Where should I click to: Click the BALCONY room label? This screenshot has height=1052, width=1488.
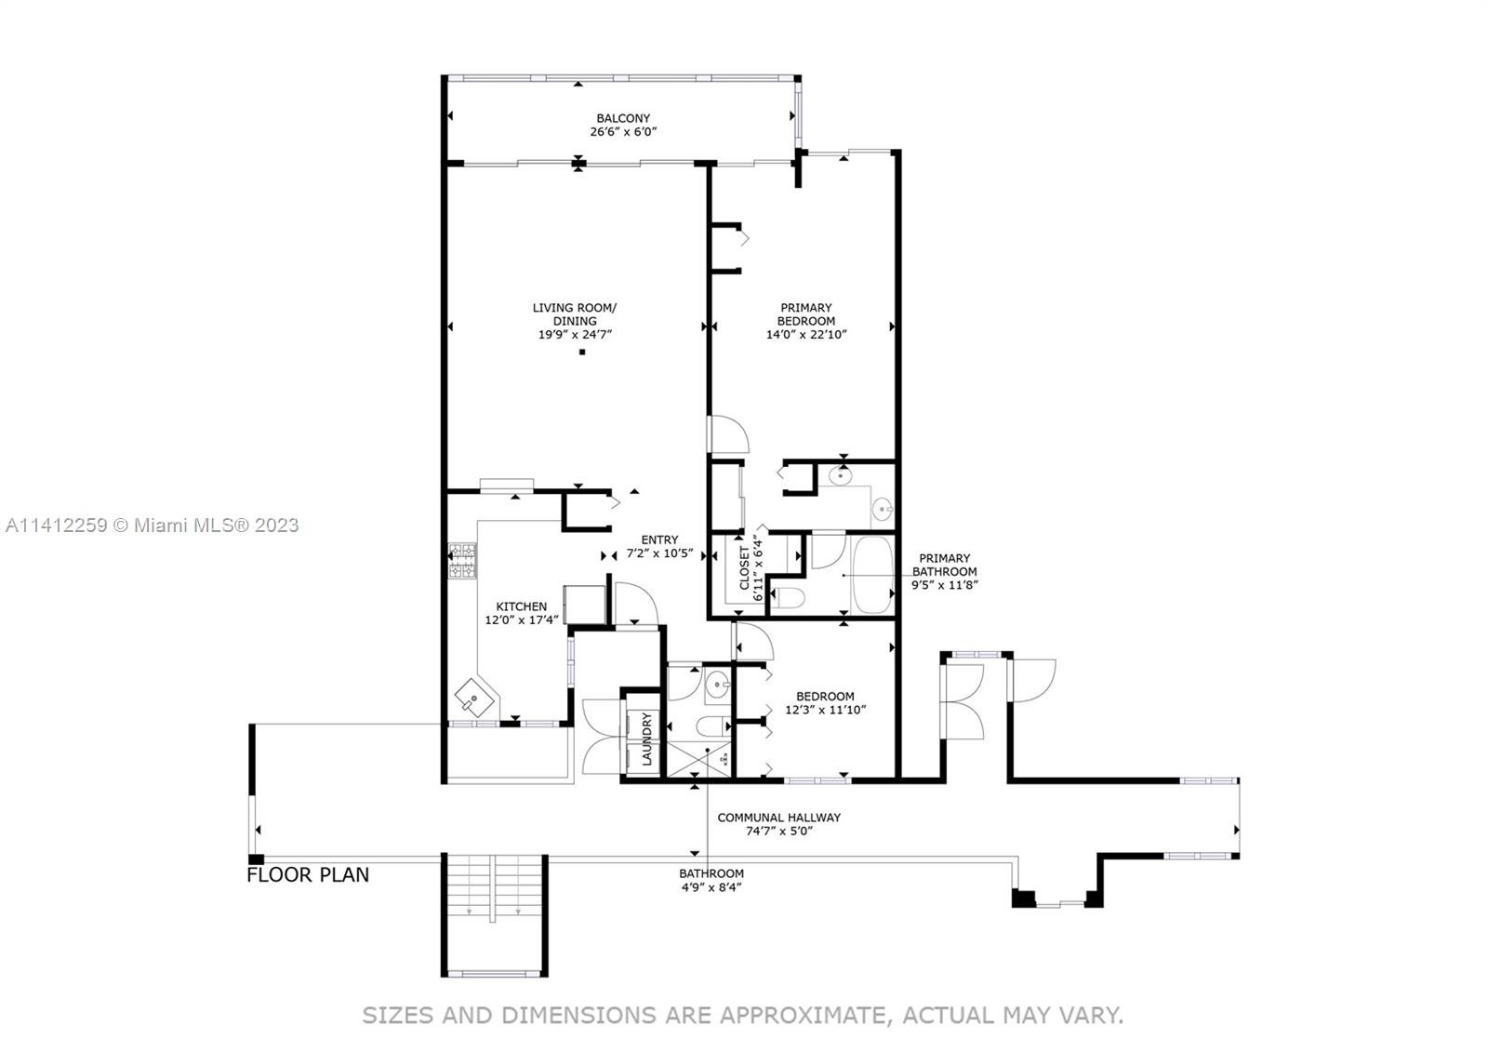(x=623, y=118)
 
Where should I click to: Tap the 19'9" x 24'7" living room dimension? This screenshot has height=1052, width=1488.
(x=575, y=334)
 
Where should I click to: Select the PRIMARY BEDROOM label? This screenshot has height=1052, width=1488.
(x=805, y=314)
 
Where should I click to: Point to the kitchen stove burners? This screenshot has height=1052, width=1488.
(x=462, y=561)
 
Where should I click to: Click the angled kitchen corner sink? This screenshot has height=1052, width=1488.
(x=475, y=697)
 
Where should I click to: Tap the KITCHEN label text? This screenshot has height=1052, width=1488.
(x=522, y=606)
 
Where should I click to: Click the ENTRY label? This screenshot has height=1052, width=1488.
(x=659, y=539)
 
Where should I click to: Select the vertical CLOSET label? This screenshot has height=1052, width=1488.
(x=744, y=568)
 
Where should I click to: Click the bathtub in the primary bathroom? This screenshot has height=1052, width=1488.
(x=872, y=575)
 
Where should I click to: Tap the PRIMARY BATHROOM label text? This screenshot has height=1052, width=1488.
(x=945, y=565)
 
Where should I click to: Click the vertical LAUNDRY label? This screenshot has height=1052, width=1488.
(x=647, y=739)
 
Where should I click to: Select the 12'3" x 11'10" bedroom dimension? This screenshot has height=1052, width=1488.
(x=825, y=709)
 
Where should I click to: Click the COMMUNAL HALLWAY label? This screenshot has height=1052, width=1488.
(x=778, y=818)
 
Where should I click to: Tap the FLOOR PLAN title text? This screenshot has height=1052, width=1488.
(x=308, y=874)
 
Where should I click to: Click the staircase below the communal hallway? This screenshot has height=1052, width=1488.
(x=494, y=914)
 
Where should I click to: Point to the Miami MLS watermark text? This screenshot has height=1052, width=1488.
(x=153, y=525)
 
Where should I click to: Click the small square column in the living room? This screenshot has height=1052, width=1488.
(x=582, y=353)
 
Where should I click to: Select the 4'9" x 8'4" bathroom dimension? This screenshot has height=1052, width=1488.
(x=711, y=886)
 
